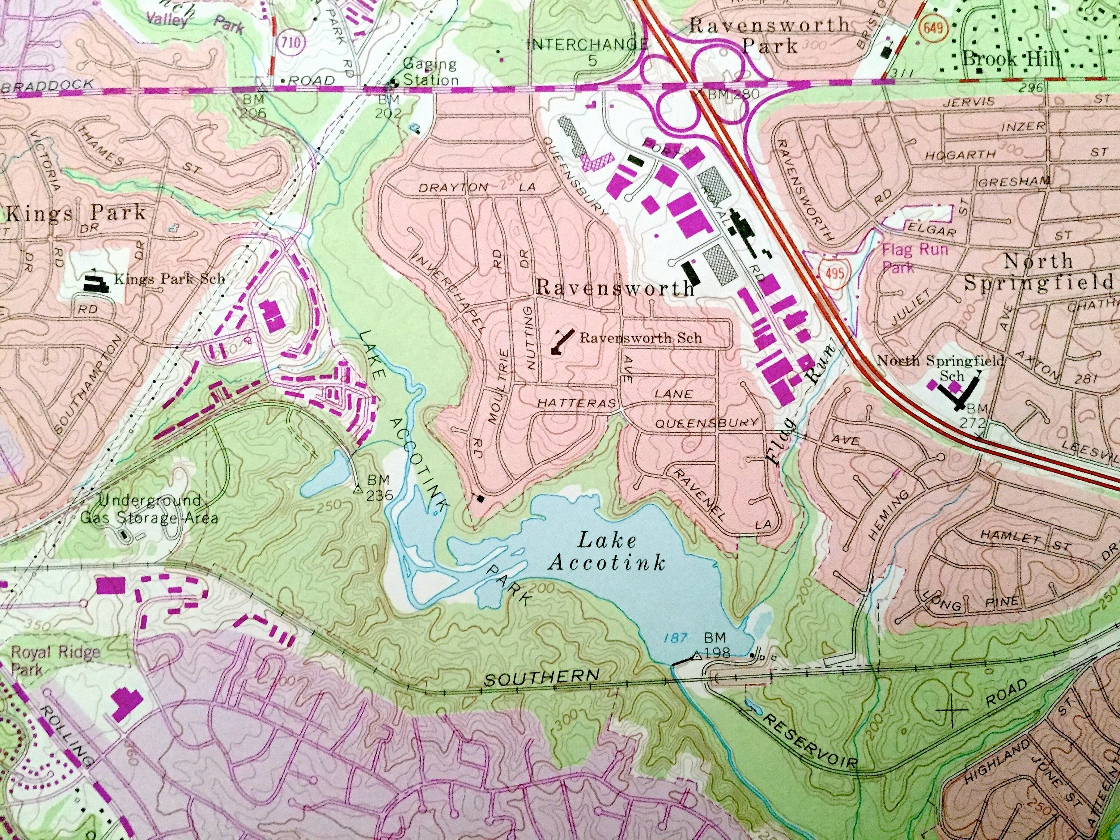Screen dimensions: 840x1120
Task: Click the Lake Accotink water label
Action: (606, 552)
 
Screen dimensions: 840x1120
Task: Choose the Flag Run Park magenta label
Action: (914, 257)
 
